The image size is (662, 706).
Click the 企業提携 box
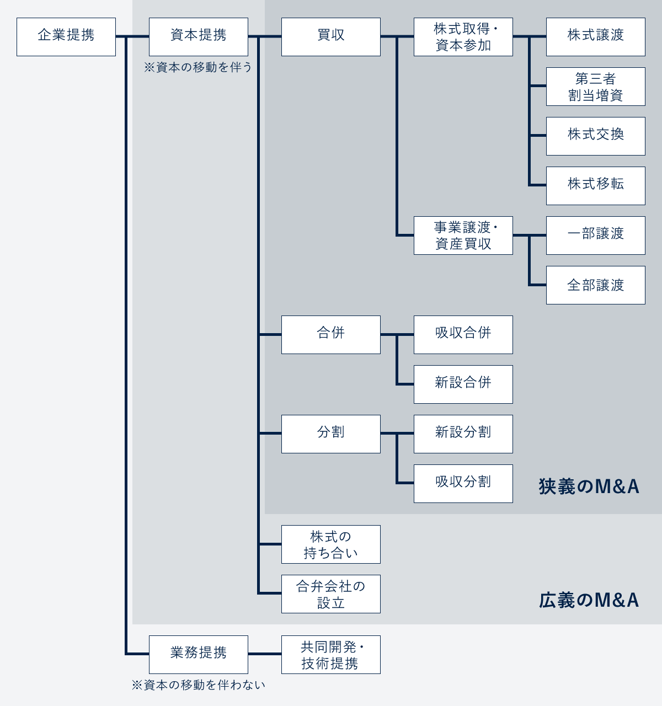point(66,37)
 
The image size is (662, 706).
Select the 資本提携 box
point(199,37)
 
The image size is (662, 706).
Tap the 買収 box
point(331,37)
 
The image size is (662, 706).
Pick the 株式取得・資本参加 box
point(463,37)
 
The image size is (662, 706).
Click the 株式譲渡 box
point(596,37)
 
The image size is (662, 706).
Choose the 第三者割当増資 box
point(596,87)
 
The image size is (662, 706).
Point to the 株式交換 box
point(596,136)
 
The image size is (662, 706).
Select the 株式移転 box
point(596,186)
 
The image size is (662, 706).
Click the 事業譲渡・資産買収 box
point(463,236)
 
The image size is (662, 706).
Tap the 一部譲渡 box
point(596,236)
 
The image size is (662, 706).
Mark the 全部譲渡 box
point(596,285)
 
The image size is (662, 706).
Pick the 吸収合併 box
point(463,335)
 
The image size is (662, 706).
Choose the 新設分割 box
point(463,434)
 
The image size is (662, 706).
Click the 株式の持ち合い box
point(331,544)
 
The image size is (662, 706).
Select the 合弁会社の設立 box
point(331,594)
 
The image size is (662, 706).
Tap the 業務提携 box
point(199,655)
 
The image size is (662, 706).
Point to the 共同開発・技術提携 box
point(331,655)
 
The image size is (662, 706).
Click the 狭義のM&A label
point(589,486)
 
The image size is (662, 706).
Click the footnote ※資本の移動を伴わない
point(199,685)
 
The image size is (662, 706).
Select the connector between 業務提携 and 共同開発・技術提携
point(265,654)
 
